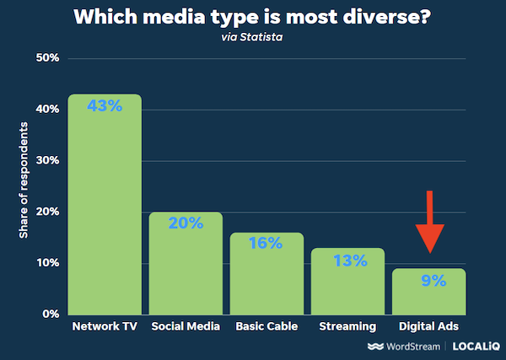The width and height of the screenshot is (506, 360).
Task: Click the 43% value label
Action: [105, 107]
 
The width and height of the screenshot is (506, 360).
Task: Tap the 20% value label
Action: [186, 223]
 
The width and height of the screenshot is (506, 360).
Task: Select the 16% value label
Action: [267, 244]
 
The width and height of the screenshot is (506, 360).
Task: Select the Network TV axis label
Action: [105, 326]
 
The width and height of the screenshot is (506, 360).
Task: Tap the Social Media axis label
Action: [186, 326]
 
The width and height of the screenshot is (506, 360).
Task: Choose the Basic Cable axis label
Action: [266, 326]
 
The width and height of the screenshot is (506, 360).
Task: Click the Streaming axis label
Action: [347, 326]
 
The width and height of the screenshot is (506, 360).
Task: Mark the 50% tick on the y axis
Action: [46, 58]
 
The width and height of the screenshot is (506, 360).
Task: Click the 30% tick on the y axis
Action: [46, 161]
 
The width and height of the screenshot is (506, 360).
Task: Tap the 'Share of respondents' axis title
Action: [24, 180]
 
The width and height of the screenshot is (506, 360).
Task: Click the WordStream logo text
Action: [406, 347]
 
